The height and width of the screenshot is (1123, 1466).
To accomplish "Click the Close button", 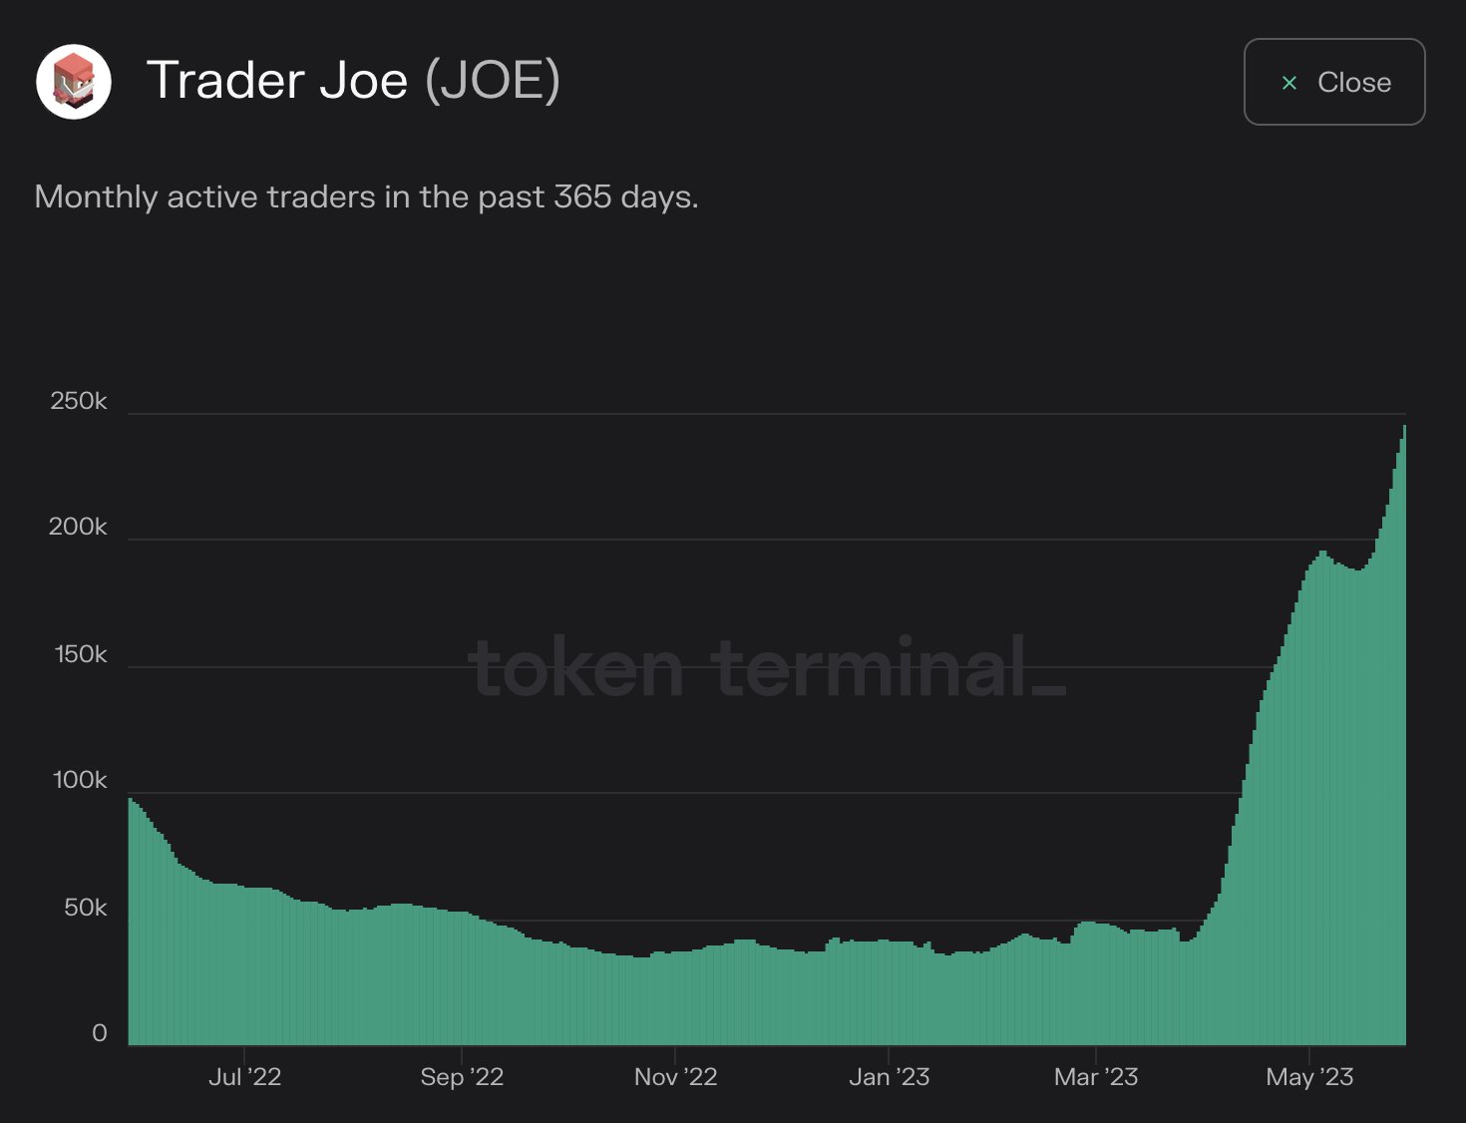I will click(x=1333, y=82).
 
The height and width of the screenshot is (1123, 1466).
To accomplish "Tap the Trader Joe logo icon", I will click(x=74, y=82).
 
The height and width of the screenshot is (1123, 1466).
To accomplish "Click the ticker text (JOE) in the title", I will click(x=493, y=80).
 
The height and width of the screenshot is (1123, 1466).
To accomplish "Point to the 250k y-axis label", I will click(x=78, y=401).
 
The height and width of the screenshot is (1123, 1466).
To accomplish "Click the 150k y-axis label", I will click(x=80, y=654).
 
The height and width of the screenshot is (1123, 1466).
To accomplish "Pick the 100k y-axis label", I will click(x=79, y=780).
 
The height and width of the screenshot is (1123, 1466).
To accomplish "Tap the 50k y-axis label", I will click(x=85, y=908).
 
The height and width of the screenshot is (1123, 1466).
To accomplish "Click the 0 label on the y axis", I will click(x=99, y=1033).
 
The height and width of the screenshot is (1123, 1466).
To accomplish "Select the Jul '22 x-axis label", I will click(x=244, y=1077).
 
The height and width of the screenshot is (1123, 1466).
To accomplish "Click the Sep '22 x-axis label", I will click(x=462, y=1077).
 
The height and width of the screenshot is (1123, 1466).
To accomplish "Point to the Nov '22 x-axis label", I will click(x=675, y=1077).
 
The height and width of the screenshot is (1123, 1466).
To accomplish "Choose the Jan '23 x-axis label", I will click(x=889, y=1077).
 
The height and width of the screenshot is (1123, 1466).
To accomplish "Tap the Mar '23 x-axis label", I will click(x=1095, y=1077).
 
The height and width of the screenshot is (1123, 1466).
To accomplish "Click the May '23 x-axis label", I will click(x=1309, y=1077).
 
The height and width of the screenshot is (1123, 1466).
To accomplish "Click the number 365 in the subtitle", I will click(x=582, y=196).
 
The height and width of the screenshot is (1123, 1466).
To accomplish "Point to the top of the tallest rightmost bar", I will click(x=1404, y=427).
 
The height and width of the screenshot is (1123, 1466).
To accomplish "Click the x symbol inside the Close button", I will click(x=1289, y=83).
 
